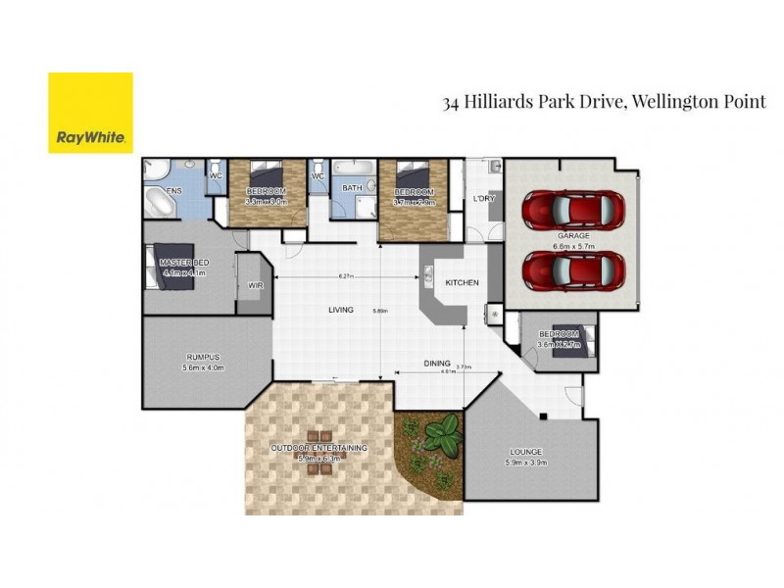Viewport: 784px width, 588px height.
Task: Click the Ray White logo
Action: [x=90, y=113]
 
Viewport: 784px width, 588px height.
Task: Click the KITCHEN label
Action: [x=462, y=283]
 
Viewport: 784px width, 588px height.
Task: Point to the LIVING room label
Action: [x=340, y=311]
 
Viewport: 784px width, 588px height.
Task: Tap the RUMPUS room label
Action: [x=203, y=357]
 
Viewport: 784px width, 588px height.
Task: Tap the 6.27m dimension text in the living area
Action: [x=345, y=276]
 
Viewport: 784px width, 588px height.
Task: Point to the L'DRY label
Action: [x=483, y=199]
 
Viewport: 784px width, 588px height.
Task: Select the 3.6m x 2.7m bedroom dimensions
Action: [x=560, y=345]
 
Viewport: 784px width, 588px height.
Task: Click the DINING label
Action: [x=437, y=364]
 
